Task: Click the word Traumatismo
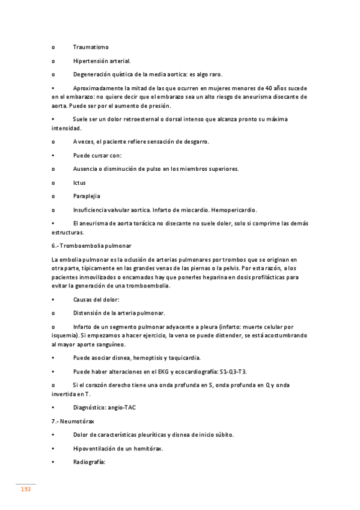[91, 47]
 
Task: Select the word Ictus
[79, 182]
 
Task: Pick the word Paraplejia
[87, 196]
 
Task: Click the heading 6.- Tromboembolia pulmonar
[91, 246]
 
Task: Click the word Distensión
[90, 313]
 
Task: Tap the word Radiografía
[89, 462]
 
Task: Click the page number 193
[25, 490]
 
